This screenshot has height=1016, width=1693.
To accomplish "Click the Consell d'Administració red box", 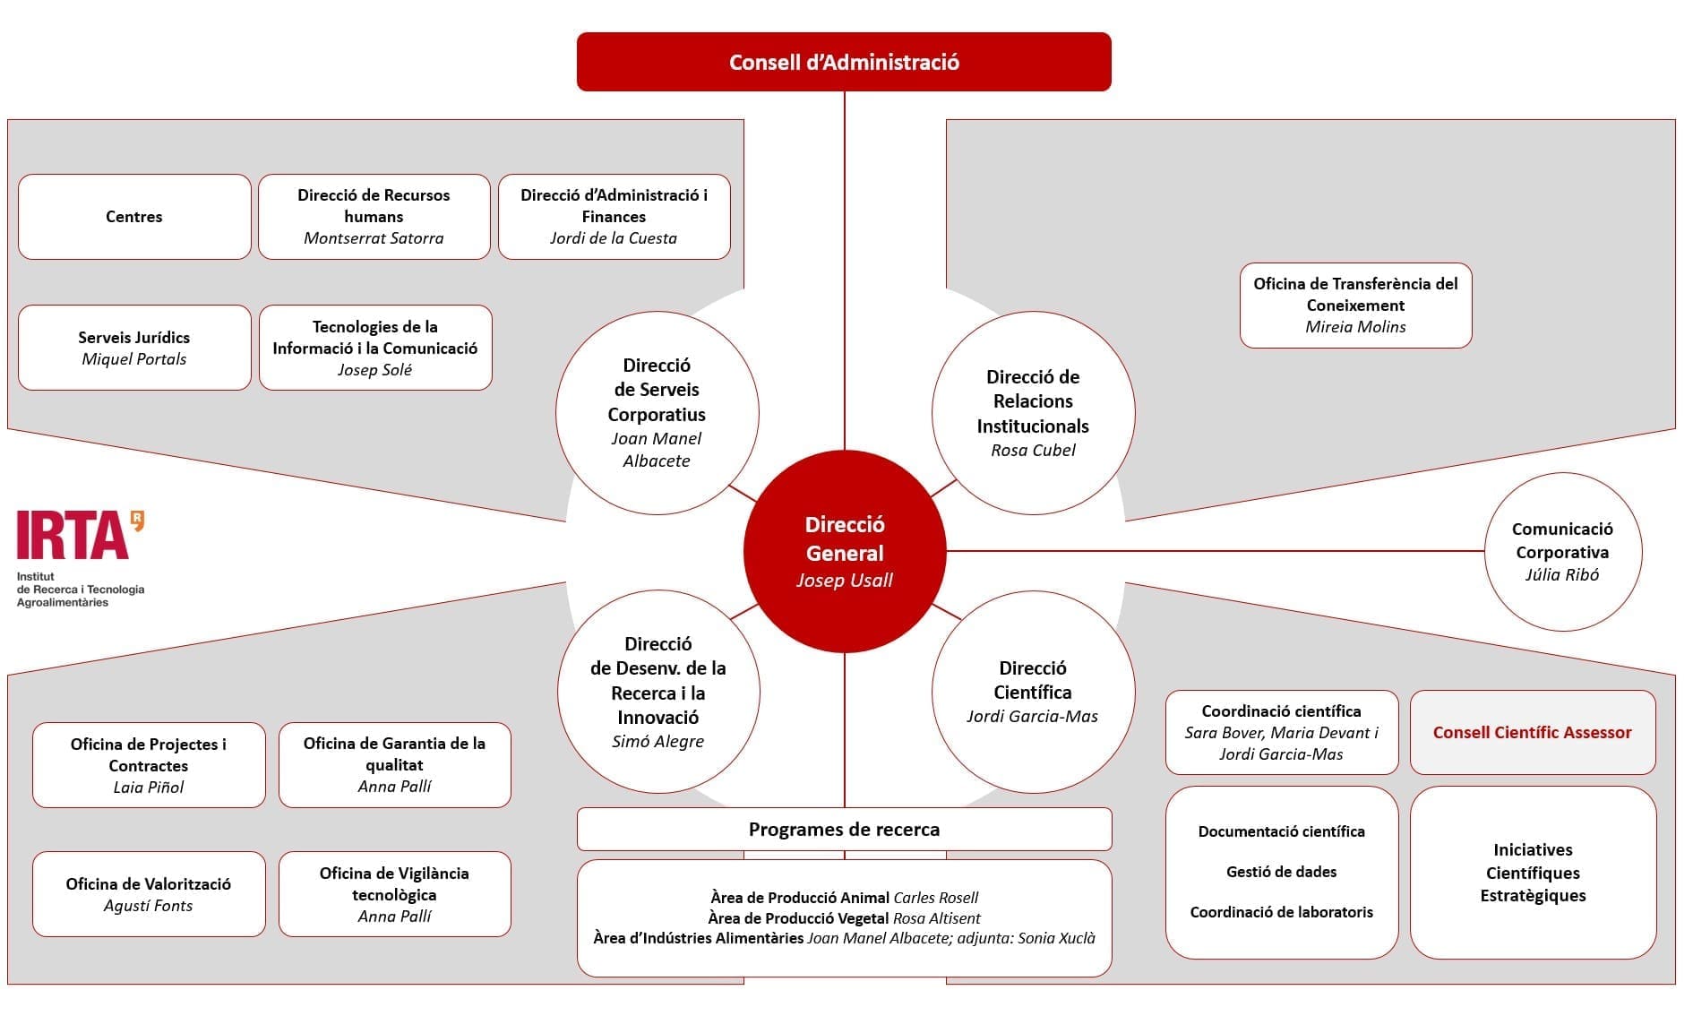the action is point(844,62).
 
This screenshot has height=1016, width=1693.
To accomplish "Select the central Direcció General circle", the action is point(845,551).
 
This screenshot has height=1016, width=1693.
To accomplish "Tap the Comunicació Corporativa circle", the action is point(1563,552).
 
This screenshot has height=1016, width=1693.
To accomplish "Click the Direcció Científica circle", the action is point(1034,692).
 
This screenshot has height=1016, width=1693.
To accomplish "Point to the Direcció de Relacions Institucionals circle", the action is point(1034,413).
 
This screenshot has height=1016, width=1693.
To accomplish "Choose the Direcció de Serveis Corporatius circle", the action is point(657,413).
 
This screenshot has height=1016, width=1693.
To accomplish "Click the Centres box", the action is point(134,217).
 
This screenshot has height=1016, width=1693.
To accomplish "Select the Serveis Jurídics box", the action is point(134,348).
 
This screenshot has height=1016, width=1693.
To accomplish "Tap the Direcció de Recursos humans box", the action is point(374,217).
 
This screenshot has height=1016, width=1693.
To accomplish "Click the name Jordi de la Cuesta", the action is point(614,238).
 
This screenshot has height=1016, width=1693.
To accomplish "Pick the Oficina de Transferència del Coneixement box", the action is point(1356,306).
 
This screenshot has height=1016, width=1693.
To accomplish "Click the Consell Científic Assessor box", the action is point(1534,732).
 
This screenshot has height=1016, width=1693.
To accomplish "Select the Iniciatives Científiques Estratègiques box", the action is point(1534,873).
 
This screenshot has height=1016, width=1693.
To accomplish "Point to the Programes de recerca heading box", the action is point(845,830).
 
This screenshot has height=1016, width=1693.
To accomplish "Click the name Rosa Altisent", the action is point(937,918).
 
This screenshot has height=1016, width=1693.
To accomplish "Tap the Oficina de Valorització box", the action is point(149,894).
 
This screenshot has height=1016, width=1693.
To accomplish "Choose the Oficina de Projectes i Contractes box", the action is point(149,765).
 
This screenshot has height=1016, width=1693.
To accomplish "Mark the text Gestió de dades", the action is point(1282,872).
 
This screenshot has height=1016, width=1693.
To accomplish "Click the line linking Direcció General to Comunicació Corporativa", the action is point(1216,551).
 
